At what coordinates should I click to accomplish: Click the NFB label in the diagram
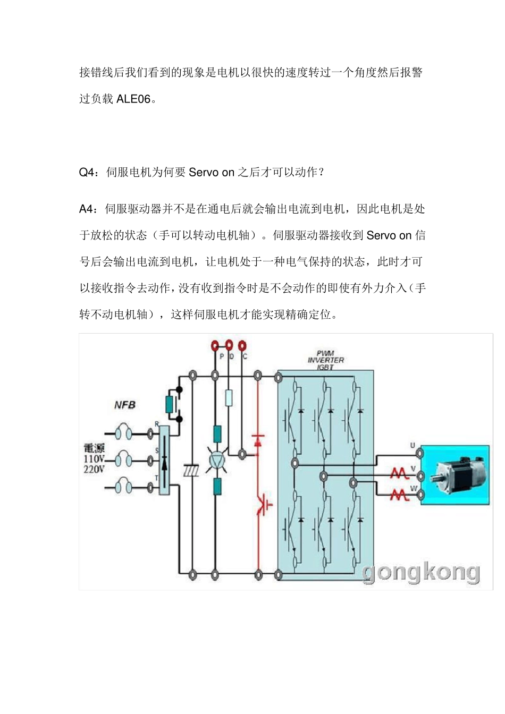click(x=125, y=405)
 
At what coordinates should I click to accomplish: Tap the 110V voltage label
click(x=94, y=459)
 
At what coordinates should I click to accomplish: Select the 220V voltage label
click(x=94, y=469)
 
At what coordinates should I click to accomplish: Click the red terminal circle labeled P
click(x=215, y=345)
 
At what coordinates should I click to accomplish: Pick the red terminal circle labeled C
click(x=242, y=345)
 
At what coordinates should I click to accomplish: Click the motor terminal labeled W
click(x=420, y=496)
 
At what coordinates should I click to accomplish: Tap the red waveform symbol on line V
click(x=399, y=473)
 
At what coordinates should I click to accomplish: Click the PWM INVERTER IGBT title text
click(x=325, y=360)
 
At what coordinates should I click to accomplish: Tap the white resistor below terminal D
click(x=229, y=398)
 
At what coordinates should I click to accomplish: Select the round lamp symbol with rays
click(x=217, y=461)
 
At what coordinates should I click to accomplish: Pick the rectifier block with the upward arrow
click(x=164, y=460)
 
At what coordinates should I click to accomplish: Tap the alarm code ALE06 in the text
click(x=133, y=99)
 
